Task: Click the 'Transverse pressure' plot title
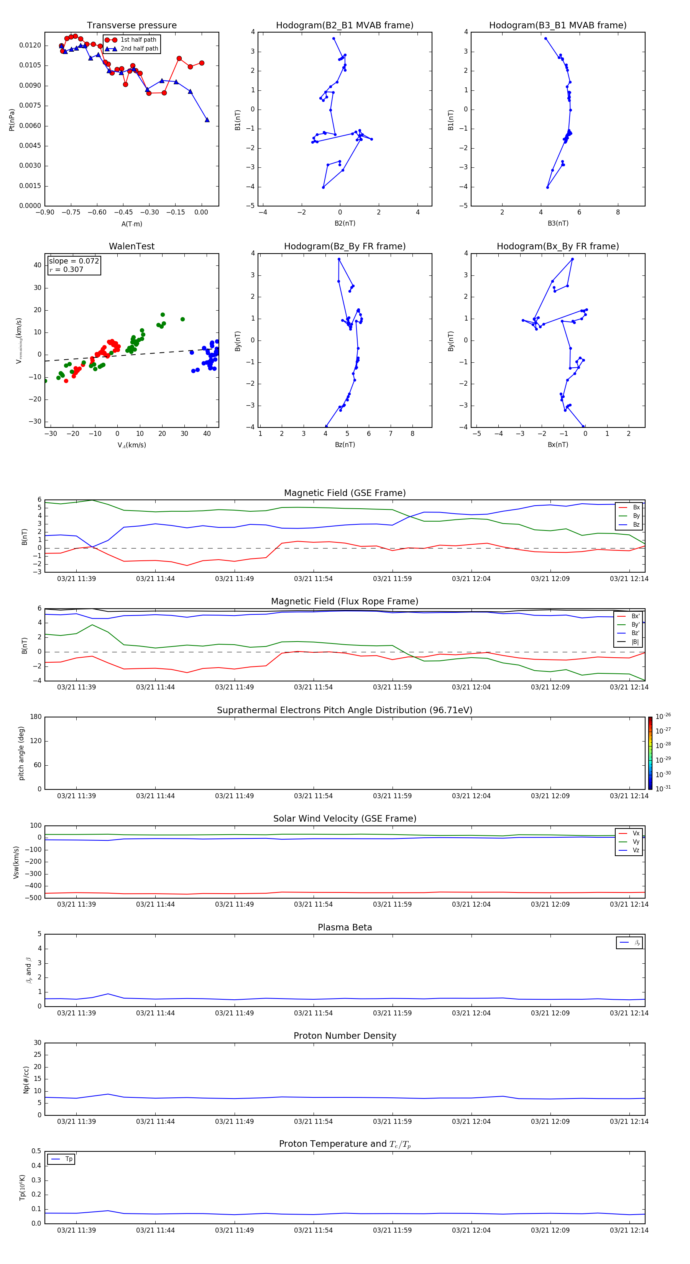131,26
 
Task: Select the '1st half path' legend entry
138,40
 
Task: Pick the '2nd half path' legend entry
139,49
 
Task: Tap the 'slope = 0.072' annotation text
74,261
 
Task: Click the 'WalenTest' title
131,246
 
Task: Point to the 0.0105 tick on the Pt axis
30,65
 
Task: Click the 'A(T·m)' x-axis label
131,224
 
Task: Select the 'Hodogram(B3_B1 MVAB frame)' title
557,26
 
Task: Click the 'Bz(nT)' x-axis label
345,445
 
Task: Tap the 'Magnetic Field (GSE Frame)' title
345,493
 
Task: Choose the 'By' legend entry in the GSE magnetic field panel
636,516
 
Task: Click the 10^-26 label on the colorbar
663,716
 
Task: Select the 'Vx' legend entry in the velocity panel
636,833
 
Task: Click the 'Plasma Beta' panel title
345,927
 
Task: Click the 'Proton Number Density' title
345,1036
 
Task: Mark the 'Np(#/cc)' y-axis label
26,1079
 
